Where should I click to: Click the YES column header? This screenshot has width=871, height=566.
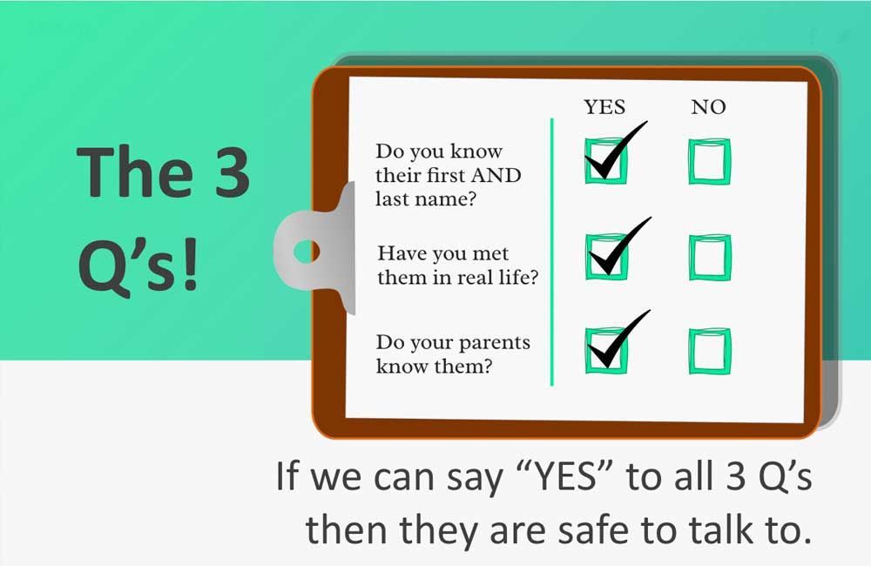coord(604,107)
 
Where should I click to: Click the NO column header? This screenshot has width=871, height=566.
coord(708,107)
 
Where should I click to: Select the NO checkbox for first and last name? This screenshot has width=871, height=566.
coord(710,161)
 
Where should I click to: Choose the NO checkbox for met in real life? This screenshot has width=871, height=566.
coord(710,257)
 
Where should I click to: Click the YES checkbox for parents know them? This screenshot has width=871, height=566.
coord(605,350)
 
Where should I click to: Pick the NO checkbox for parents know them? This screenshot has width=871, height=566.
coord(710,350)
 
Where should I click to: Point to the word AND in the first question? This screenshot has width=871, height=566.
coord(496,175)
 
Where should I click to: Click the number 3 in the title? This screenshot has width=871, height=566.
coord(227,172)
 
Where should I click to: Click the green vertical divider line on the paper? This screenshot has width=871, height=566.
coord(551,253)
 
